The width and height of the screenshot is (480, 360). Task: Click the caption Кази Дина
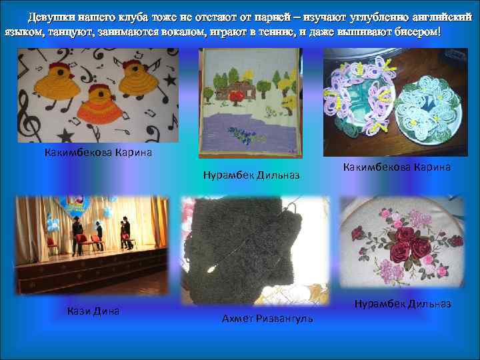93,310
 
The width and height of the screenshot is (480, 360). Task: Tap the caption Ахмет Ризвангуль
267,319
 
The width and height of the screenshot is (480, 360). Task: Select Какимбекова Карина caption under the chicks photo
99,153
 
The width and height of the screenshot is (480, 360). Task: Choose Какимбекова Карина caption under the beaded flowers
397,167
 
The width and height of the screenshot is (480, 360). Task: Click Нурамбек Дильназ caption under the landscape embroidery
251,175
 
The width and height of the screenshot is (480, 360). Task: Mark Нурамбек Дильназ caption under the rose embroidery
403,304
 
